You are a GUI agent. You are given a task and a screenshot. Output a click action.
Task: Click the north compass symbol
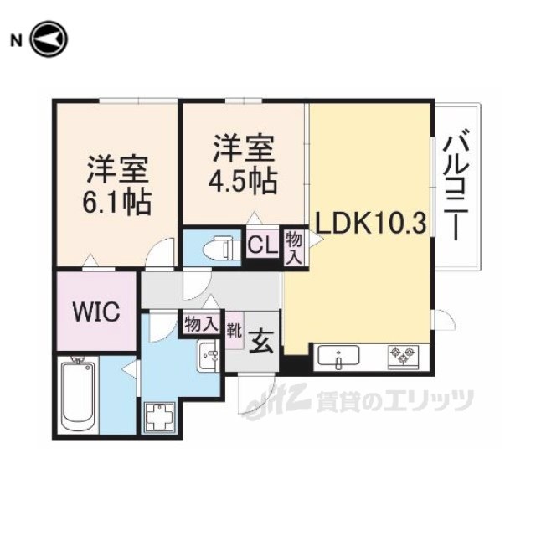click(49, 39)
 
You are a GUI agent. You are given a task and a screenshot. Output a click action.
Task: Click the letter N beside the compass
click(16, 41)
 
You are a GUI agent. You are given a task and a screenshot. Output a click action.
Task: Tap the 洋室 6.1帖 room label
click(116, 185)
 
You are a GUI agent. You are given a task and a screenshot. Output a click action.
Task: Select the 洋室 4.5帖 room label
click(243, 164)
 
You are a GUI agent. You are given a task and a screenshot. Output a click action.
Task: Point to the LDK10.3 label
click(370, 223)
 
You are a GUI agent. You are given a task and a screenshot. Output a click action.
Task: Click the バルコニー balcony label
click(456, 184)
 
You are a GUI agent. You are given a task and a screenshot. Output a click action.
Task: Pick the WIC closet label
click(97, 311)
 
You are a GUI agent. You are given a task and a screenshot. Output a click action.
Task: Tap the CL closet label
click(262, 245)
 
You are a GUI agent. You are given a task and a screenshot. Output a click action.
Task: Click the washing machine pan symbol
click(160, 418)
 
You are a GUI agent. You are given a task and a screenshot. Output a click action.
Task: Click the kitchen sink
click(338, 357)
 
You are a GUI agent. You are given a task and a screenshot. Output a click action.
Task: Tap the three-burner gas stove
click(404, 357)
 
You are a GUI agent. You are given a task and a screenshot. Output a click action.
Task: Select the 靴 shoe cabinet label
click(234, 331)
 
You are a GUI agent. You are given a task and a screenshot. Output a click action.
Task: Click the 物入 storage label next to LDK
click(294, 248)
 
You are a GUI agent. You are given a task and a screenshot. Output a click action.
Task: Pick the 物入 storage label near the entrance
click(201, 323)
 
